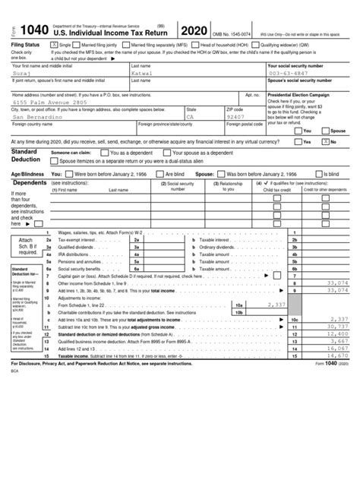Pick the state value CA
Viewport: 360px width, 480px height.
click(191, 118)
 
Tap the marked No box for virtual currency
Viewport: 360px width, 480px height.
click(326, 141)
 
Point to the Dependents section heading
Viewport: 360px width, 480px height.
click(30, 183)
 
